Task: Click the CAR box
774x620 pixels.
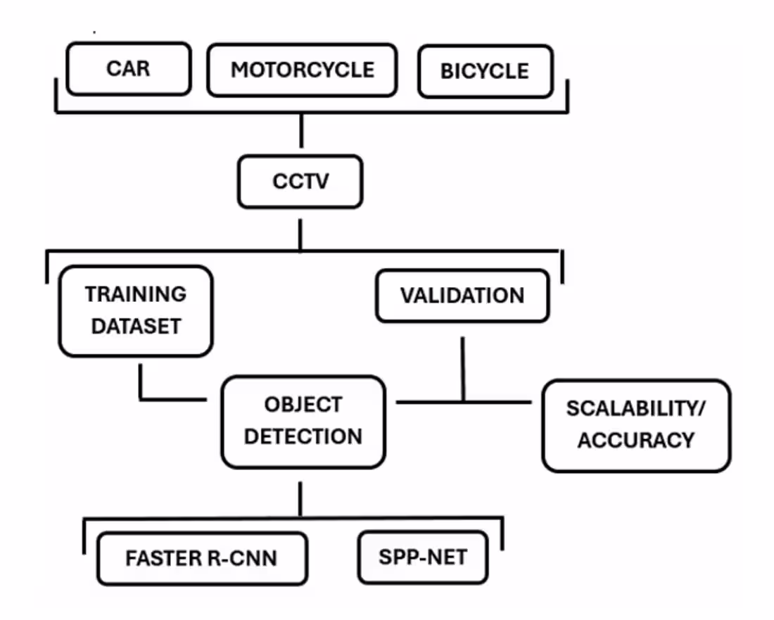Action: click(x=128, y=69)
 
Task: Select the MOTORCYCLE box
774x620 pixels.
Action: click(x=302, y=70)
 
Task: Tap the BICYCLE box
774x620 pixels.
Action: click(x=485, y=71)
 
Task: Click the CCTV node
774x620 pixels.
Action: click(x=300, y=182)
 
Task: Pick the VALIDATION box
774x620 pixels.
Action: click(x=462, y=296)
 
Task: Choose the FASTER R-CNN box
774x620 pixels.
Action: click(x=201, y=559)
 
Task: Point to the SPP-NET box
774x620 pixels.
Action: click(x=422, y=557)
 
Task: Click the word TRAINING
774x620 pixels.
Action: click(x=136, y=293)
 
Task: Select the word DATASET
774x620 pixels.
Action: click(x=136, y=327)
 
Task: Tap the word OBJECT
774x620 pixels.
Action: click(x=303, y=405)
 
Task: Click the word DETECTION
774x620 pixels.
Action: click(x=303, y=436)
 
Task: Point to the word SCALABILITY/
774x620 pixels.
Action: click(x=636, y=409)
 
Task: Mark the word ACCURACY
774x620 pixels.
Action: click(x=636, y=441)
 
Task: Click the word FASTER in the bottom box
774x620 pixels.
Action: click(x=158, y=559)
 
